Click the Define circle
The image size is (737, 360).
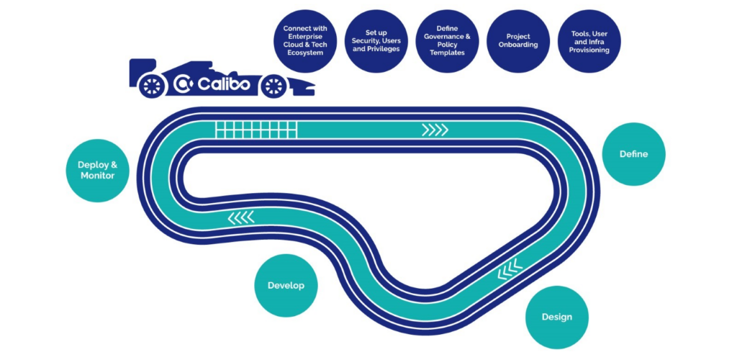coord(633,154)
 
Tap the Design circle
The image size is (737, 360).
coord(556,317)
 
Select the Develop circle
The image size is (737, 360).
coord(286,285)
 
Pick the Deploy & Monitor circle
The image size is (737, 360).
coord(97,170)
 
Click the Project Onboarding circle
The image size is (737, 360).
coord(518,41)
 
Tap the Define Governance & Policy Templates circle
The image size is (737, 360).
coord(447,41)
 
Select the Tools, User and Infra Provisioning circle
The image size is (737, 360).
coord(589,41)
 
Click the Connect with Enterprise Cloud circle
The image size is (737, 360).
coord(305,41)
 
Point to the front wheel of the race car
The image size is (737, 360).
coord(272,86)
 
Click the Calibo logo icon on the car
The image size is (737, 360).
coord(183,85)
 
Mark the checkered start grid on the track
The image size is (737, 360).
coord(256,130)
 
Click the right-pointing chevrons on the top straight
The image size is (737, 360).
coord(435,130)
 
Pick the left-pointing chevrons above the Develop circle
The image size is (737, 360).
coord(241,217)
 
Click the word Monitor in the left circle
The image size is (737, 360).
coord(97,176)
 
